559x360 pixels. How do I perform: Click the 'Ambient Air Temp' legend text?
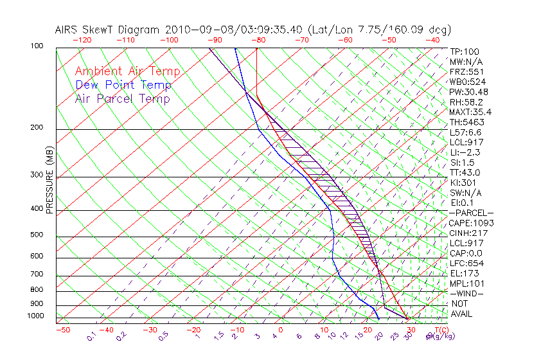(x=127, y=71)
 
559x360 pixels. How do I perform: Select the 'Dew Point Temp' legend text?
(x=123, y=85)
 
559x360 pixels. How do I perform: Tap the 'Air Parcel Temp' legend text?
(x=123, y=98)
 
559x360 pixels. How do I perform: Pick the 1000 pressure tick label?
(x=36, y=316)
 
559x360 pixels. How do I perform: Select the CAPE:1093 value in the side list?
(x=471, y=223)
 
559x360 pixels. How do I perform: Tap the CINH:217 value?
(x=468, y=233)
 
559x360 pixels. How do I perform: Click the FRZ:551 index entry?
(x=466, y=72)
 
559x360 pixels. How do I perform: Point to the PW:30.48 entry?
(x=469, y=92)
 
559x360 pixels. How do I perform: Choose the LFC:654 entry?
(x=466, y=263)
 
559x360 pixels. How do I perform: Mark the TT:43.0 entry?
(x=465, y=172)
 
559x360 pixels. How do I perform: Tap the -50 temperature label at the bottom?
(x=62, y=330)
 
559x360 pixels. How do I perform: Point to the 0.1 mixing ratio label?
(x=91, y=336)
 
